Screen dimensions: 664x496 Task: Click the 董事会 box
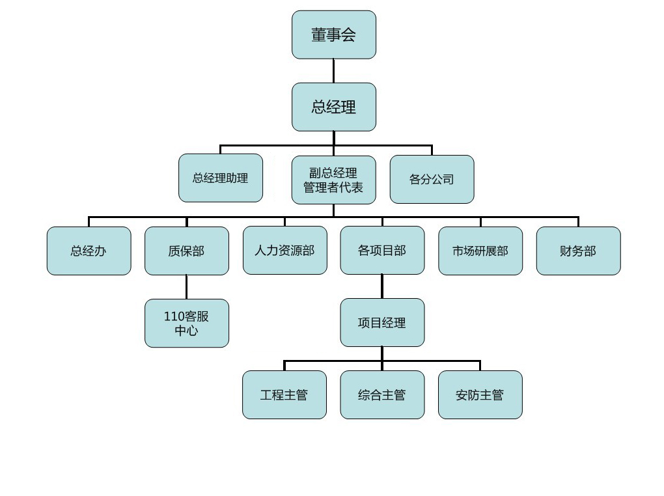(334, 34)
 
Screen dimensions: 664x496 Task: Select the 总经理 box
(334, 107)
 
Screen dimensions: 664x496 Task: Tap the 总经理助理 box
(221, 178)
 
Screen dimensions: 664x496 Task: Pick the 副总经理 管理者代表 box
(334, 180)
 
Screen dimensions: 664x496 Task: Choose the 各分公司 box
(432, 179)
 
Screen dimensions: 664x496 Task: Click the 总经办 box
(89, 251)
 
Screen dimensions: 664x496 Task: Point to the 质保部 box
(187, 251)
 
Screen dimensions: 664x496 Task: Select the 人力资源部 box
(285, 251)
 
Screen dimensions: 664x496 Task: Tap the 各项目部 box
(382, 251)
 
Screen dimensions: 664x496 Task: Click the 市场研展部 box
(480, 251)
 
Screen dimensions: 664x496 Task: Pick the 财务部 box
(579, 251)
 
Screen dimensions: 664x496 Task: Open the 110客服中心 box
(187, 324)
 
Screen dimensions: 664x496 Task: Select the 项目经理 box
(382, 322)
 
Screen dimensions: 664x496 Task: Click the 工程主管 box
(284, 394)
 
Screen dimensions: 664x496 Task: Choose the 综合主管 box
(382, 394)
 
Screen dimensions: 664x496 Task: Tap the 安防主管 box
(480, 394)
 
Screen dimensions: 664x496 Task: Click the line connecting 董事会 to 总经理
(334, 71)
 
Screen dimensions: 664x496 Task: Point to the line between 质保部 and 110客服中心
(186, 287)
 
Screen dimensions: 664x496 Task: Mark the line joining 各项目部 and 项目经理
(382, 286)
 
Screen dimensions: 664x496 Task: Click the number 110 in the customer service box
(174, 316)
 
